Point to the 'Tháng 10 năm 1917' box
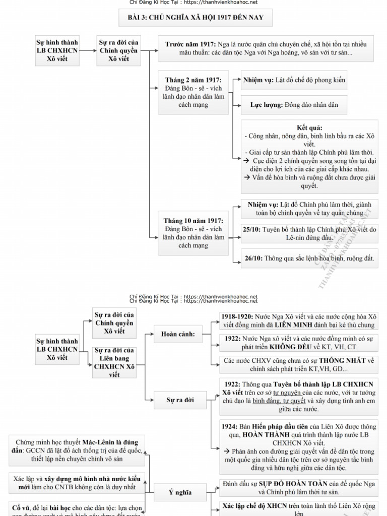(193, 233)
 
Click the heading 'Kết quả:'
(309, 127)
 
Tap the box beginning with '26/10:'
(309, 259)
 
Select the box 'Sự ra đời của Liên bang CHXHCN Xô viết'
(114, 362)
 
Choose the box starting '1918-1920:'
(299, 321)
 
